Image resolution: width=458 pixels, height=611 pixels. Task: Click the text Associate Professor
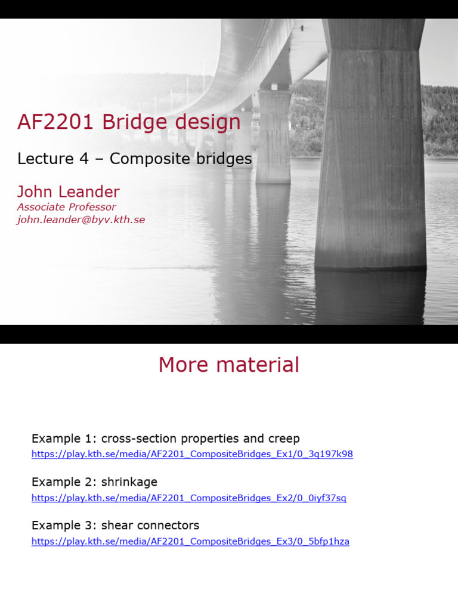pyautogui.click(x=66, y=207)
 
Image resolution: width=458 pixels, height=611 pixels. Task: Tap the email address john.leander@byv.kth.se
pyautogui.click(x=81, y=220)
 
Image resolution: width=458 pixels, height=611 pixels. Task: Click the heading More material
pyautogui.click(x=229, y=365)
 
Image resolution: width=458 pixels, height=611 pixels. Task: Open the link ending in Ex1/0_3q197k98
pyautogui.click(x=192, y=454)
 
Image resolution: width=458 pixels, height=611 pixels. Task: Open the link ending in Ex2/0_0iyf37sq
pyautogui.click(x=188, y=498)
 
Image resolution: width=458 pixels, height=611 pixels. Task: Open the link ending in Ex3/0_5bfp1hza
pyautogui.click(x=190, y=542)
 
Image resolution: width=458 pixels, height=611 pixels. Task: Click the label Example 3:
pyautogui.click(x=64, y=526)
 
